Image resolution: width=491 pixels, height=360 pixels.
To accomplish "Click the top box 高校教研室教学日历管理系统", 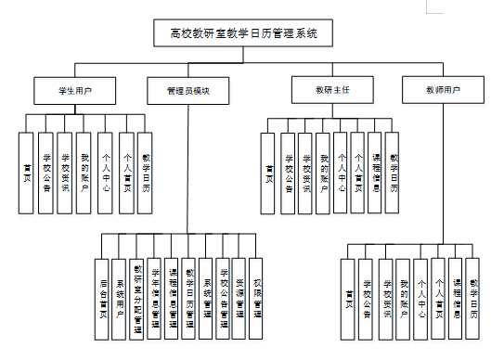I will pos(244,33).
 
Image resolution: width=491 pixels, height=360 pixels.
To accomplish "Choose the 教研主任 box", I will pos(331,92).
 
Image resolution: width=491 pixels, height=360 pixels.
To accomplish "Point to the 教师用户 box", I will pos(443,92).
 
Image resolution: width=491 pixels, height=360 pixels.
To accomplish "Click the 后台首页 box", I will pos(102,296).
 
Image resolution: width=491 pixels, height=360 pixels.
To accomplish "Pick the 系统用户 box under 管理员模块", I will pos(120,296).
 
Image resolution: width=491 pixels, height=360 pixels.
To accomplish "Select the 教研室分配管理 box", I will pos(137,296).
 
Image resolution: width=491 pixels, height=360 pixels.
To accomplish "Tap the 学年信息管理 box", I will pos(154,296).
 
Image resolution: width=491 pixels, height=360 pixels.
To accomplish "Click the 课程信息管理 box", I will pos(172,296).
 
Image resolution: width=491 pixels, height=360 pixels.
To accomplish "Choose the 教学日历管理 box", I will pos(188,296).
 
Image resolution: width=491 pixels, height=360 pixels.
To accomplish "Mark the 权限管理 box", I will pos(257,296).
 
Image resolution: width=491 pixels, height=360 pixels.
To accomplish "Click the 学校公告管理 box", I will pos(223,296).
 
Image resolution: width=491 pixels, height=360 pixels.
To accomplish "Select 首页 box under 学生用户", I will pos(27,174).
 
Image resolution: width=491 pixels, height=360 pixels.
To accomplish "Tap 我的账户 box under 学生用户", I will pos(84,174).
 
